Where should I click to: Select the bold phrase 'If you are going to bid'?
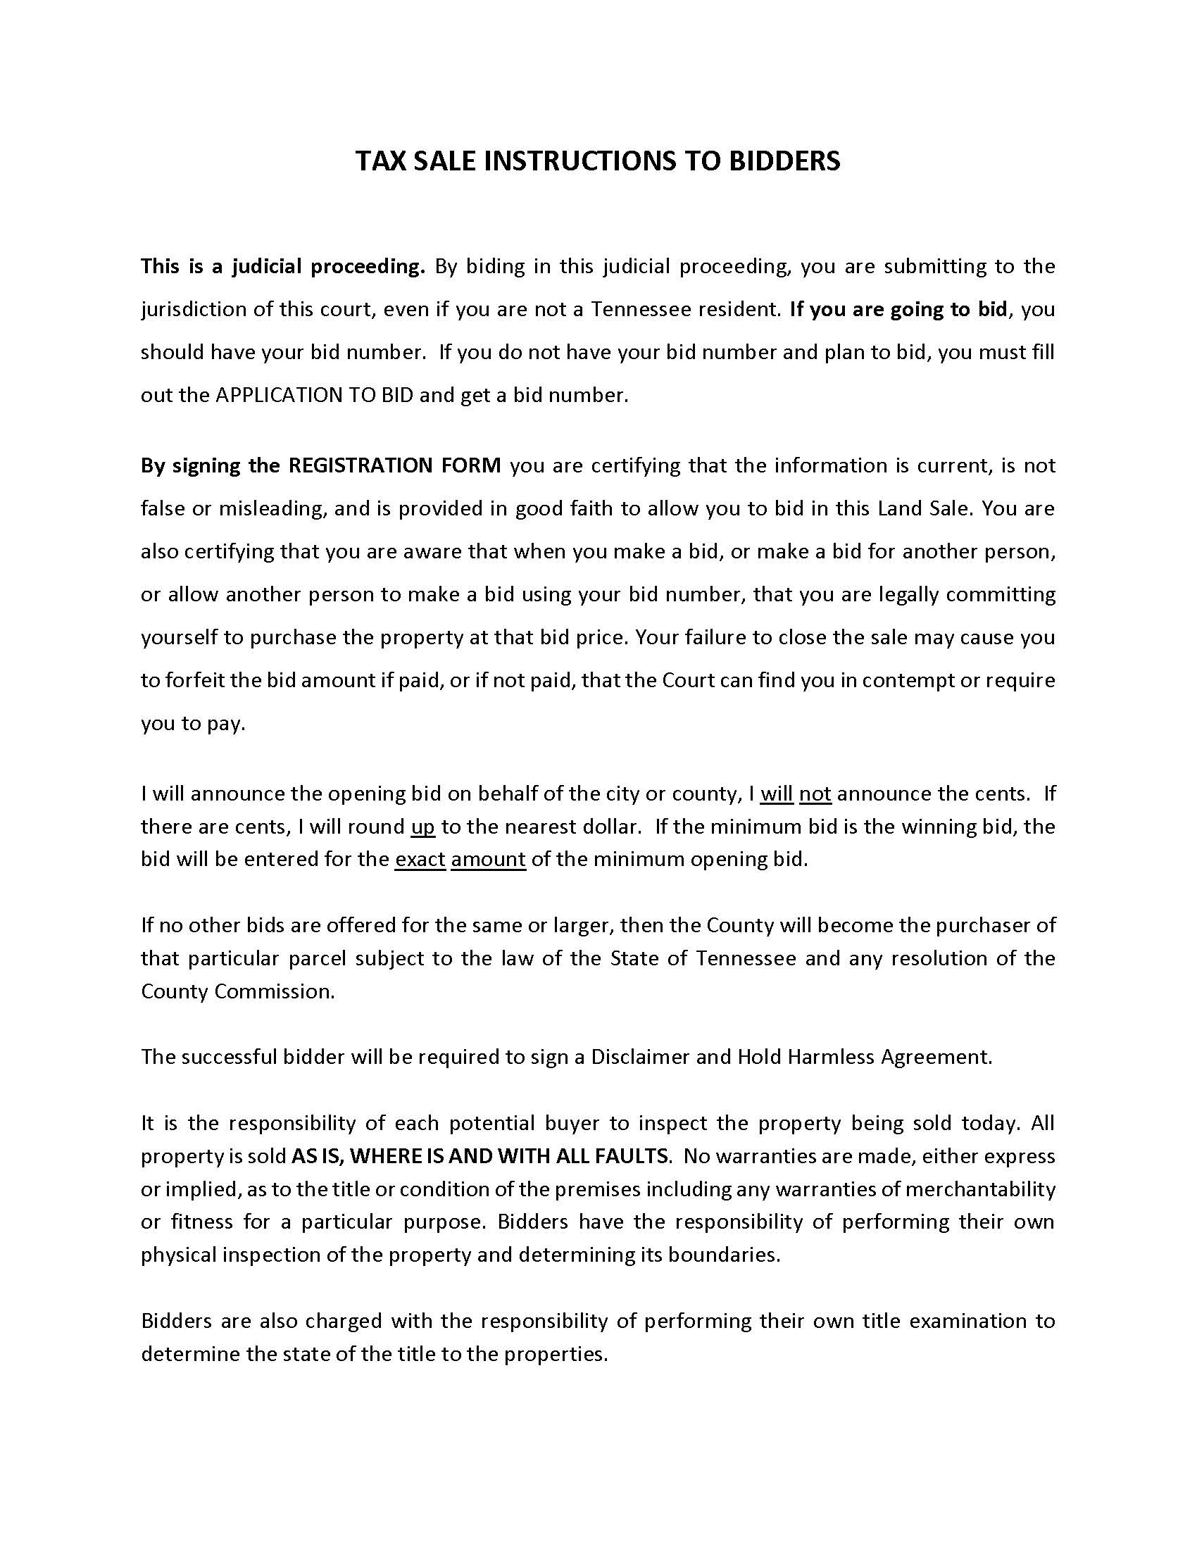[x=898, y=309]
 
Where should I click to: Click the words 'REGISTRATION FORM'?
[x=394, y=465]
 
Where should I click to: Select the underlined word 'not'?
[x=815, y=794]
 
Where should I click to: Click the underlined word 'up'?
[x=422, y=827]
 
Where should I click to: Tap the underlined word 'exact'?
[x=420, y=860]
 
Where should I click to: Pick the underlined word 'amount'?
[x=488, y=860]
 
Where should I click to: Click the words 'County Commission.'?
[x=237, y=991]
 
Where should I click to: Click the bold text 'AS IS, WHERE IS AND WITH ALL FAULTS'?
[x=480, y=1156]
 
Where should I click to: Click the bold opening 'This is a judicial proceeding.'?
[x=282, y=267]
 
